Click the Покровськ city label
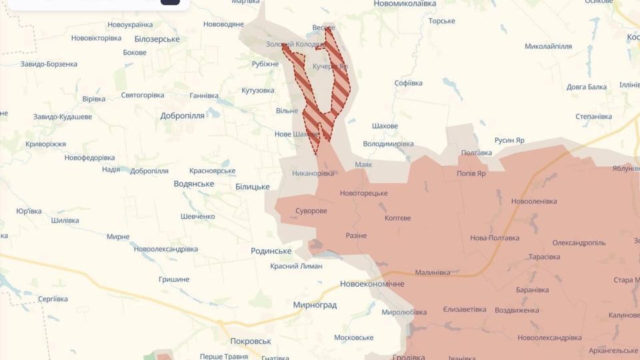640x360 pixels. [250, 341]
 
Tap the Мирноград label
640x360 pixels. [315, 305]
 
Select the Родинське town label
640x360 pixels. [271, 251]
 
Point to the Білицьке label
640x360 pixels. [252, 187]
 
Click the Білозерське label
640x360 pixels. [157, 39]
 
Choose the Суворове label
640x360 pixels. [311, 211]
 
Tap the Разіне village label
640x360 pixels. [356, 235]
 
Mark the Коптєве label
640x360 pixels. [397, 218]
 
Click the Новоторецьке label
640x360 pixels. [363, 193]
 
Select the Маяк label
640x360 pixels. [363, 164]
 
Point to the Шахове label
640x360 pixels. [385, 126]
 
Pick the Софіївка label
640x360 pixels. [408, 83]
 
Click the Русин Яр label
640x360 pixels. [509, 140]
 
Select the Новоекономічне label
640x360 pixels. [372, 284]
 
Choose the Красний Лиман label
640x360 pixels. [296, 266]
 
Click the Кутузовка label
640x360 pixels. [257, 90]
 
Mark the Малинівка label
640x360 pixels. [432, 272]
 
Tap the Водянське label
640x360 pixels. [193, 183]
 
